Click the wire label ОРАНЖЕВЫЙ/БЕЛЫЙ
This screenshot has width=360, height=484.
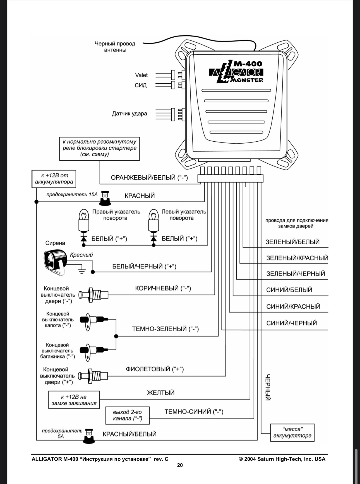click(149, 178)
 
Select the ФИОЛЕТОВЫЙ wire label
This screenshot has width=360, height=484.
click(155, 369)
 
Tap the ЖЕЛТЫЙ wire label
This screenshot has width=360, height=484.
click(160, 393)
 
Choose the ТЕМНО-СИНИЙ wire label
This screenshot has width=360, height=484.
click(194, 412)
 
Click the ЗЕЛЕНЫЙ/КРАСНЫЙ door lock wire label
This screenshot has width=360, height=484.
click(297, 258)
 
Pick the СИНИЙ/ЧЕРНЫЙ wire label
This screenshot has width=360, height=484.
click(292, 323)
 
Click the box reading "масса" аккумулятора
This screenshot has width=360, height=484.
click(292, 432)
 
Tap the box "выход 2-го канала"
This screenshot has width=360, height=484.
click(128, 415)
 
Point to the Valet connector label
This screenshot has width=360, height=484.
click(141, 75)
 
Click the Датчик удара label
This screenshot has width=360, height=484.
click(129, 113)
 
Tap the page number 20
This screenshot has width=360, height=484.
click(180, 465)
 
